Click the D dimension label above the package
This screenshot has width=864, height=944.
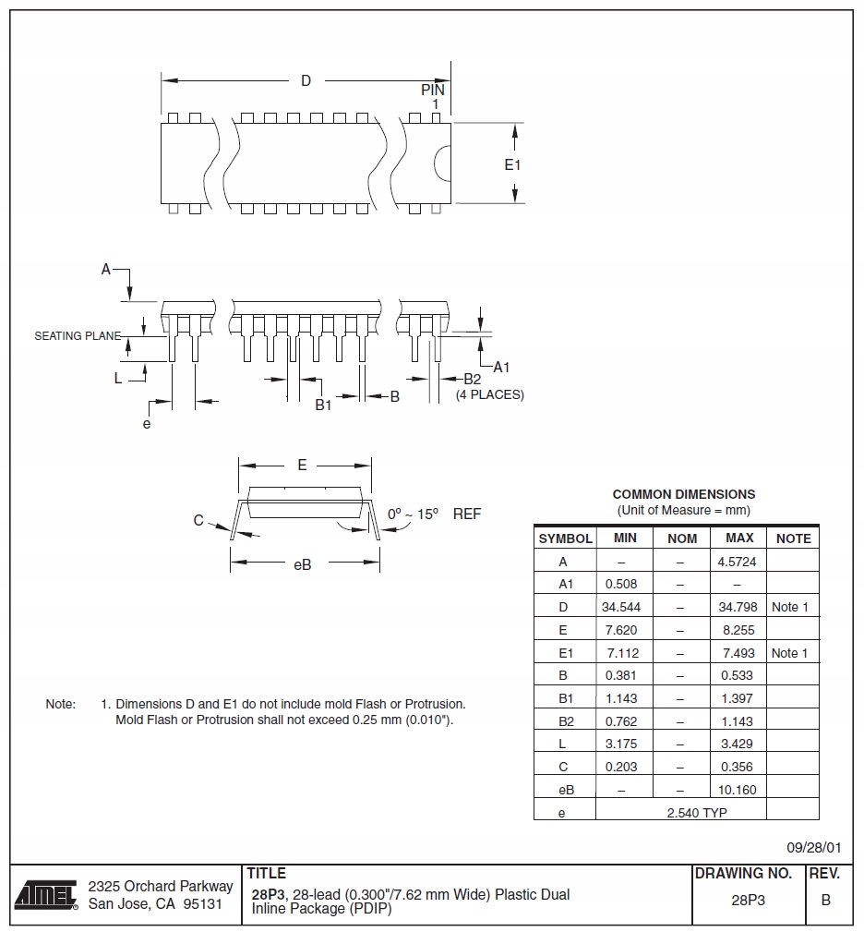(306, 81)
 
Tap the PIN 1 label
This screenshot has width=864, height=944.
(433, 97)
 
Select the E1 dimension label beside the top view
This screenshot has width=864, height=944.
(512, 165)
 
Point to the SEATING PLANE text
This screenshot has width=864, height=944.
(78, 336)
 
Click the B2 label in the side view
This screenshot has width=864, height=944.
(472, 379)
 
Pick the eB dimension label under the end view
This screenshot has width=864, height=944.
(302, 564)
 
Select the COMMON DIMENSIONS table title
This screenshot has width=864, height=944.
(683, 494)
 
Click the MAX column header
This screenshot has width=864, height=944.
(739, 538)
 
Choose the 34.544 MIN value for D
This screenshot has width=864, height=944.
(621, 607)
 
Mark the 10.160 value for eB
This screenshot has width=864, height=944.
(737, 790)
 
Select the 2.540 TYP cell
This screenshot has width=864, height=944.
(680, 813)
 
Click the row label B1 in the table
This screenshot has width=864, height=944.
(566, 698)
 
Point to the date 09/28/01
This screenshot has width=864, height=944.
(813, 847)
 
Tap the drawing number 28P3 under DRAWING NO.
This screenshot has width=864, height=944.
(749, 901)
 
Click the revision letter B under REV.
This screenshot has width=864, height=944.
(825, 901)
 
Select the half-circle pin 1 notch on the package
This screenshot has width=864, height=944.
(442, 163)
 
